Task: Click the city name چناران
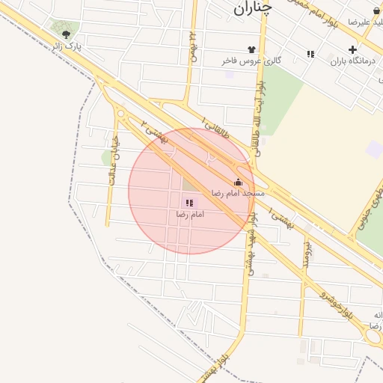[x=252, y=8]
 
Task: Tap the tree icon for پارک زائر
[x=67, y=34]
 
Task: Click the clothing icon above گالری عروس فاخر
[x=261, y=49]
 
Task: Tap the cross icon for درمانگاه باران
[x=352, y=49]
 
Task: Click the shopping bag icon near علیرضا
[x=376, y=11]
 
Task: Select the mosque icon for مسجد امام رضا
[x=239, y=182]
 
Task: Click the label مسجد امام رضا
[x=238, y=193]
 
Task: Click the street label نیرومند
[x=306, y=255]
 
